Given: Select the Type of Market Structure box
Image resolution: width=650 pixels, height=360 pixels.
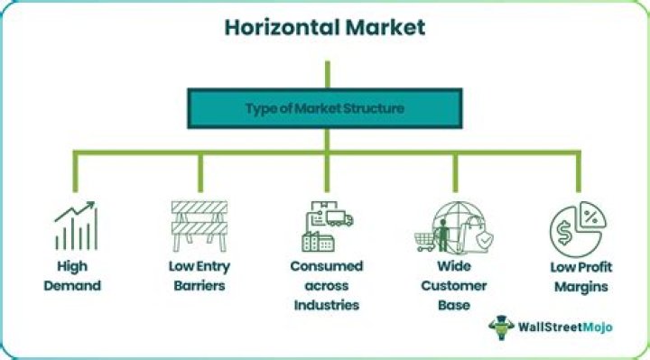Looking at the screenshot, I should coord(325,108).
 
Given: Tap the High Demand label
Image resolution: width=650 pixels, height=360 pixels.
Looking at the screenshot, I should coord(75,277).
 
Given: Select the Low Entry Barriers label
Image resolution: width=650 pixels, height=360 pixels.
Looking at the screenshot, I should coord(197,277).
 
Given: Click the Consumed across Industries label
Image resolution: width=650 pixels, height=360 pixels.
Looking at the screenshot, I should coord(326,285).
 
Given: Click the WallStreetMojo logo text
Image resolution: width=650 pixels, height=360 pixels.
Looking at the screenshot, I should coord(560,326).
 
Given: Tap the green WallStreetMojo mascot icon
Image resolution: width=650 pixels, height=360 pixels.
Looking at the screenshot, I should coord(499,326).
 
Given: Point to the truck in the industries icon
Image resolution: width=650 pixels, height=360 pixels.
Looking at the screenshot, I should coord(341,218).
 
